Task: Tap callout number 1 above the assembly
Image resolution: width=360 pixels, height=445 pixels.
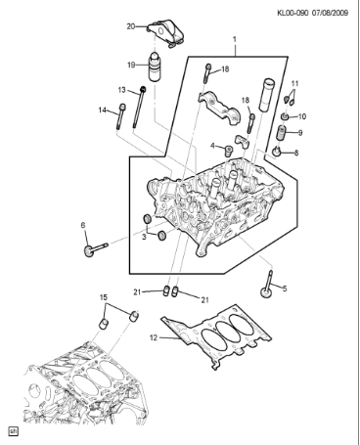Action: (235, 42)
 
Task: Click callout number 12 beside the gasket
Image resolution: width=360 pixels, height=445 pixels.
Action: (153, 337)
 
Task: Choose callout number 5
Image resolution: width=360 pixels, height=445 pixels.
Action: (285, 288)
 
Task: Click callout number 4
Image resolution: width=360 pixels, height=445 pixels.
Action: (212, 147)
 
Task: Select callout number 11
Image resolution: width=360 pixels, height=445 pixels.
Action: (295, 83)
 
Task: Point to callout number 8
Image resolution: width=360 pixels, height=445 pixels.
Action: (297, 152)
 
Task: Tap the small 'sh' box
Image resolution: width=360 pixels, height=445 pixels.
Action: (13, 429)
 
